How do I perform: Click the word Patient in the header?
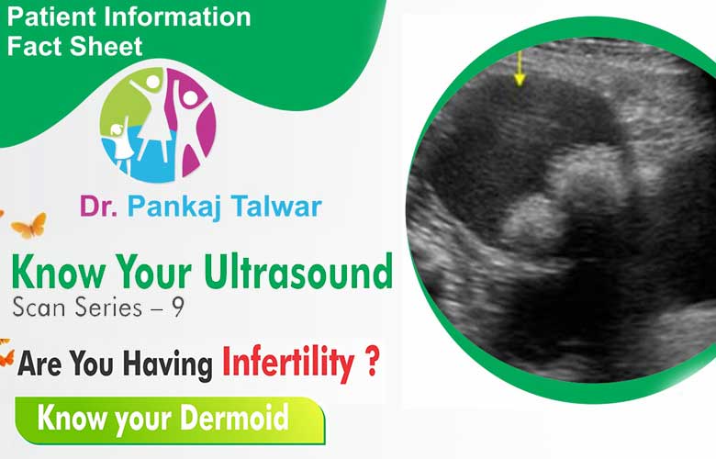coord(51,17)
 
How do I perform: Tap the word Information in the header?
coord(177,17)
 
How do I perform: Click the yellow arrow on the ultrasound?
coord(519,69)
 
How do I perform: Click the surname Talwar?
coord(276,207)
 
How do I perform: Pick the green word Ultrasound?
coord(298,272)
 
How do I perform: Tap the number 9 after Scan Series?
coord(178,307)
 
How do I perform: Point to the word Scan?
coord(39,307)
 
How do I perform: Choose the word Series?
coord(108,307)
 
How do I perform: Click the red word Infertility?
coord(288,364)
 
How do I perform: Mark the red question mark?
coord(373,361)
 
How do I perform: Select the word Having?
coord(168,365)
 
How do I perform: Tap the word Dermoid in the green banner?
coord(234,417)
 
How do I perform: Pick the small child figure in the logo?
coord(120,144)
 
